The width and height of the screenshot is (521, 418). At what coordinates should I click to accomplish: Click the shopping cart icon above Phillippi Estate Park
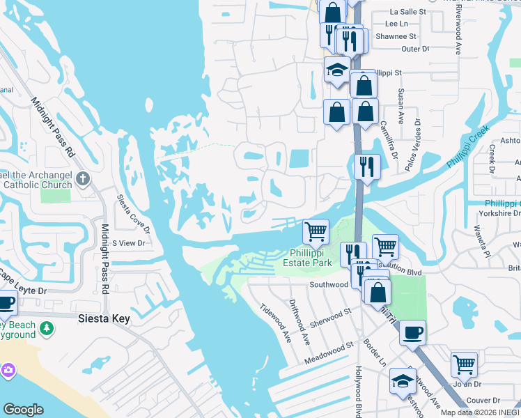(316, 231)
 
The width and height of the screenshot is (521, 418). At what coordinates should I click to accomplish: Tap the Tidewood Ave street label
(274, 323)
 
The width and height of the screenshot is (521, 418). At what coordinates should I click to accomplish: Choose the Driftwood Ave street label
(300, 321)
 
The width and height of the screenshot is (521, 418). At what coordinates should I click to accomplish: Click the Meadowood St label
(329, 353)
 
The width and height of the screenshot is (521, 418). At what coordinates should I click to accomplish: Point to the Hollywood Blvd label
(359, 390)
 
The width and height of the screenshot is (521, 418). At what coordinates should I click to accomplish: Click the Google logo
(23, 410)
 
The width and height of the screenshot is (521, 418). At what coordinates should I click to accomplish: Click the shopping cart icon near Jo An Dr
(464, 363)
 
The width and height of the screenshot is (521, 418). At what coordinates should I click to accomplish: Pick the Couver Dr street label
(483, 400)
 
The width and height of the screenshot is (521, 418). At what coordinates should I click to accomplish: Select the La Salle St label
(407, 12)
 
